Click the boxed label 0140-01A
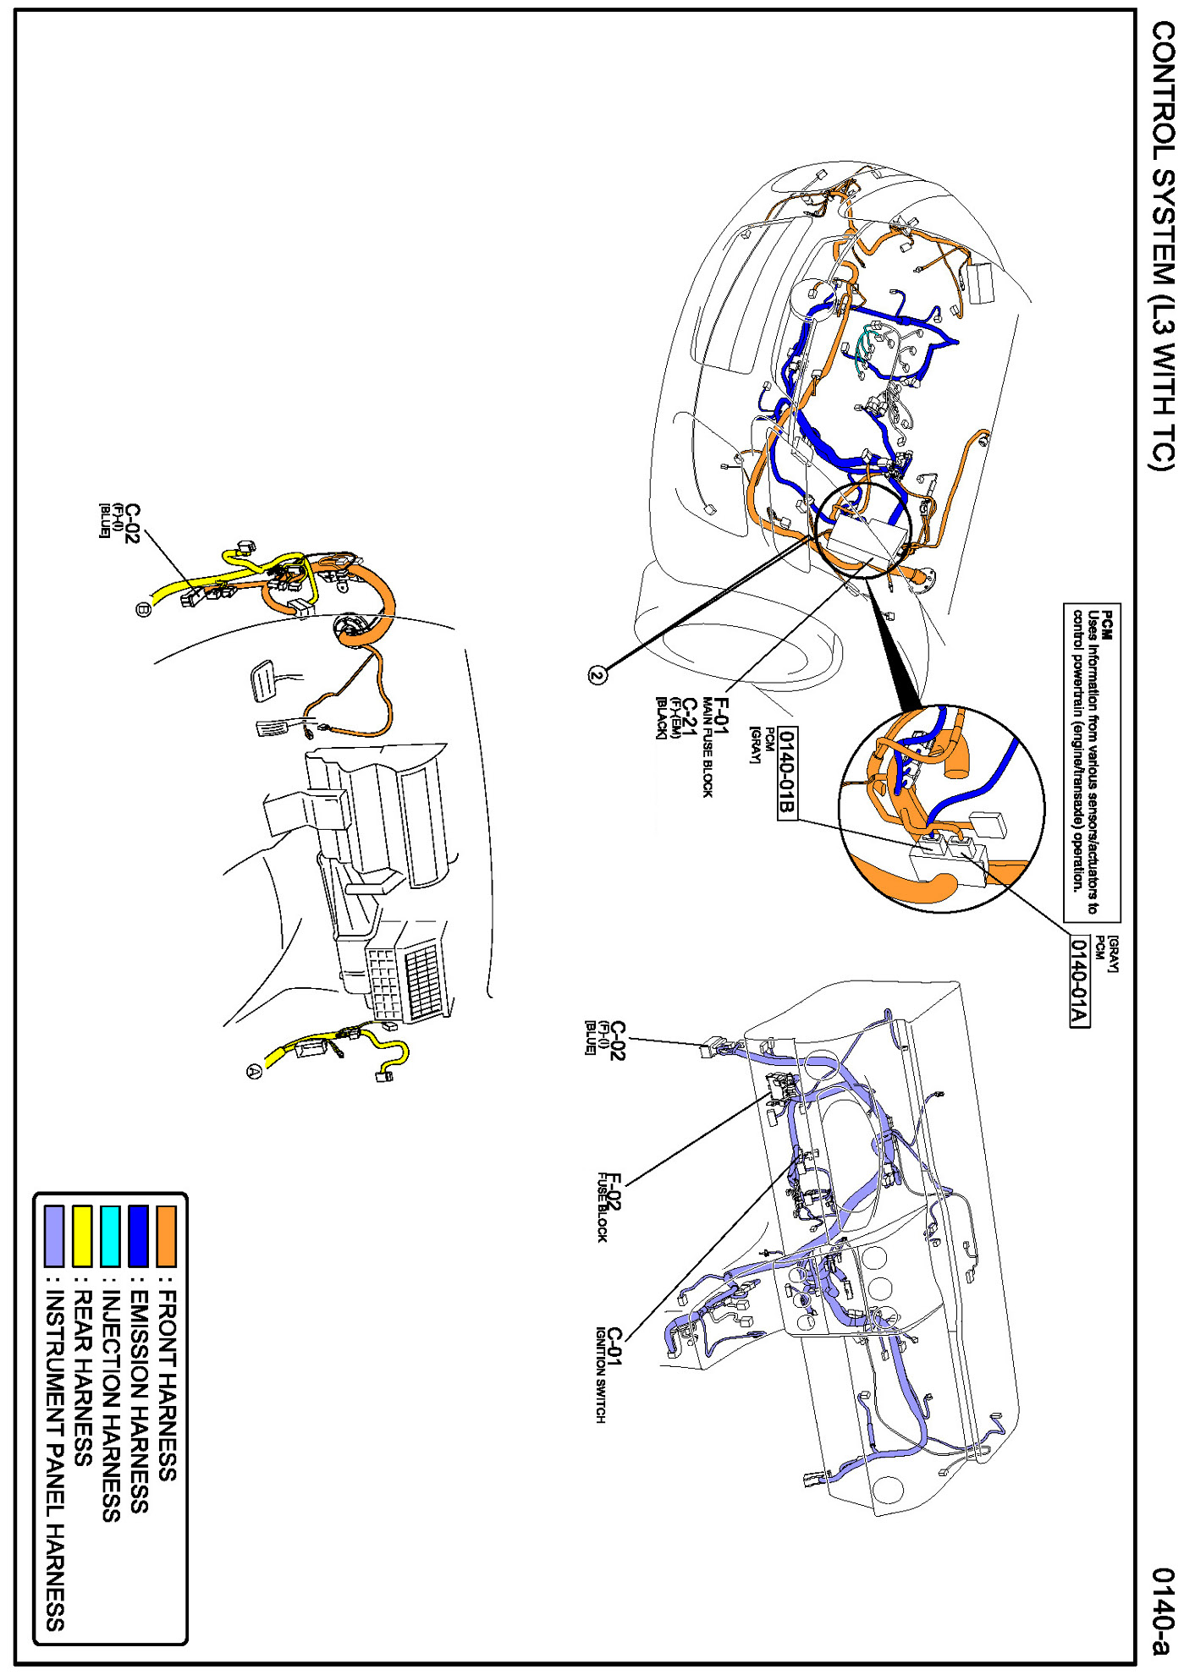(1079, 981)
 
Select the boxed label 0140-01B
(786, 773)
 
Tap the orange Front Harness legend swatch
(167, 1236)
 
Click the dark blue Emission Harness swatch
(138, 1236)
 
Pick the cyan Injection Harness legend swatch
(110, 1236)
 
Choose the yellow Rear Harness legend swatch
(82, 1236)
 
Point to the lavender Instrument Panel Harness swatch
(54, 1236)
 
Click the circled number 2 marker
(598, 674)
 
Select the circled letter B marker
(143, 609)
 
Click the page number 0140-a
(1163, 1612)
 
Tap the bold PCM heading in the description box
(1107, 625)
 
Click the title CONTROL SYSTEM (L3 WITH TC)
(1163, 245)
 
